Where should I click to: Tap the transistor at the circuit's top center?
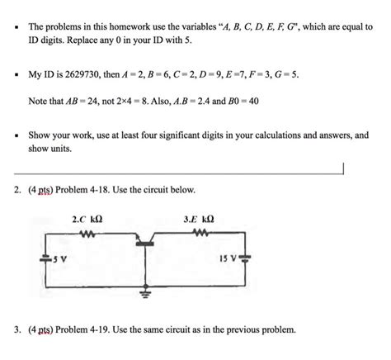(146, 239)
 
